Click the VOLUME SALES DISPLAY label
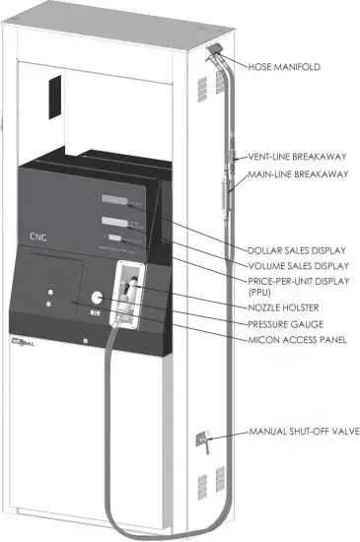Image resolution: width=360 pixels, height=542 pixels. pyautogui.click(x=297, y=264)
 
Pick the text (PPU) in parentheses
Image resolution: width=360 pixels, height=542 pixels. pyautogui.click(x=260, y=293)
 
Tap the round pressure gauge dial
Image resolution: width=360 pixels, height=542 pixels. pyautogui.click(x=97, y=299)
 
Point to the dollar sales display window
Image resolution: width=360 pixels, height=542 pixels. pyautogui.click(x=111, y=200)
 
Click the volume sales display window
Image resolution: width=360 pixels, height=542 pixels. pyautogui.click(x=114, y=221)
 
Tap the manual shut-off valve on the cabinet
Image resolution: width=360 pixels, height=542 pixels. pyautogui.click(x=204, y=440)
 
